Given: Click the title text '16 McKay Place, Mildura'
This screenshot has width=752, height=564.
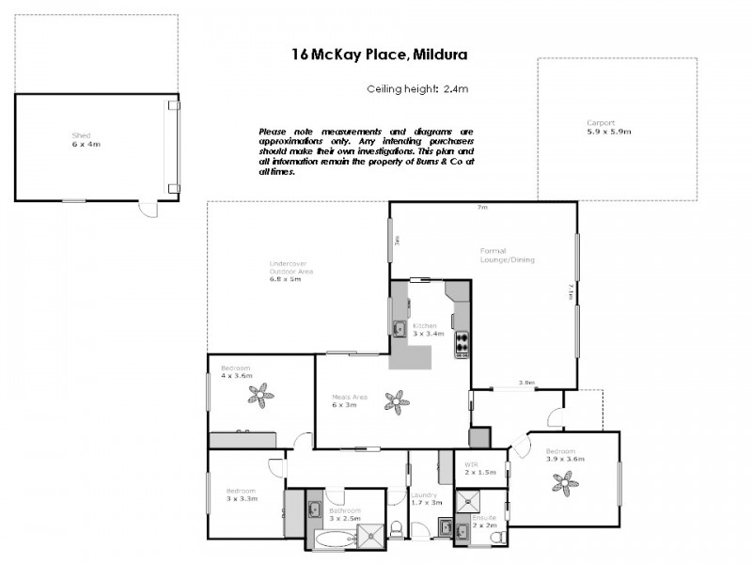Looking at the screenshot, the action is tap(380, 55).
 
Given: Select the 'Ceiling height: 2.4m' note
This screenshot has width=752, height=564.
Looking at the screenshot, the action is tap(417, 89).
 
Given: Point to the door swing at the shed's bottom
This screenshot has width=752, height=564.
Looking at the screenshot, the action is tap(149, 209).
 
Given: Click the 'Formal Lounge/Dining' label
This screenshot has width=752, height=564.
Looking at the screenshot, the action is tap(508, 255).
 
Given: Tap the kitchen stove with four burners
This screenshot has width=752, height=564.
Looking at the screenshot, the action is tap(462, 345).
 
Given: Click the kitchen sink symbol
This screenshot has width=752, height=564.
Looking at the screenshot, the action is tap(399, 329).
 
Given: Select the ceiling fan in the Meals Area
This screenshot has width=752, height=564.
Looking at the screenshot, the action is tap(398, 402).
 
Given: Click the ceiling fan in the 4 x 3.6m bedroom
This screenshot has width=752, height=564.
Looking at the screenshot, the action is tap(260, 393).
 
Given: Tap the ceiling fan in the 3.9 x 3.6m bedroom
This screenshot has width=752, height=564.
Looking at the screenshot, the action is tap(565, 483).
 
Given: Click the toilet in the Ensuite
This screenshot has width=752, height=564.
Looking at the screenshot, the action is tap(497, 537).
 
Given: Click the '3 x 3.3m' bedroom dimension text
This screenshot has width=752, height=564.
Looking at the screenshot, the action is tap(241, 499).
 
